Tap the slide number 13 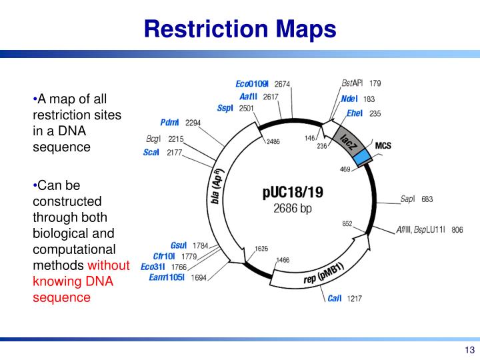click(469, 350)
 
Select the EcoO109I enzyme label click(252, 84)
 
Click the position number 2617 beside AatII click(271, 97)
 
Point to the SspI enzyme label click(225, 108)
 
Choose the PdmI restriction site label click(169, 123)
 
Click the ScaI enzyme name click(151, 152)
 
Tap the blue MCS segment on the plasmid click(361, 158)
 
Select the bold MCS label click(383, 145)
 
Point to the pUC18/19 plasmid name click(293, 193)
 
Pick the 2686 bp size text click(293, 209)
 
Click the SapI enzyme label click(408, 199)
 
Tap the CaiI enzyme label click(334, 298)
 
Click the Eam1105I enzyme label click(167, 277)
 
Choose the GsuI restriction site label click(179, 245)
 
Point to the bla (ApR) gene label click(217, 186)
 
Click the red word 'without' click(109, 265)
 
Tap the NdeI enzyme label click(349, 99)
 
